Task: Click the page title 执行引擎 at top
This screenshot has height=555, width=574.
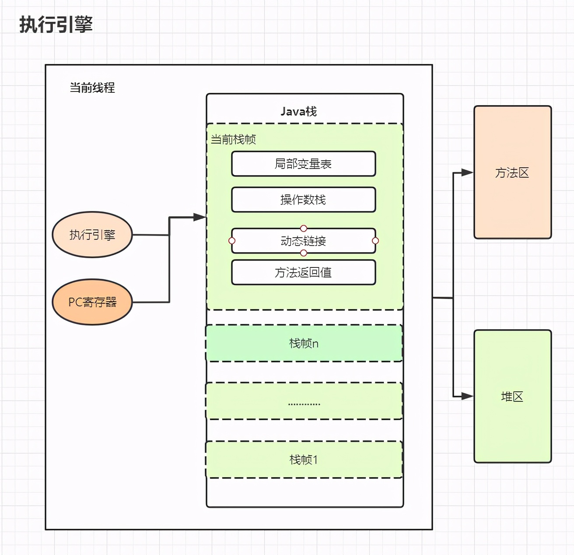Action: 56,24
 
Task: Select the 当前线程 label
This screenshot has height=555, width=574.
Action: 92,88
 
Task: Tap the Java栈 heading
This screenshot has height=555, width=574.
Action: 299,111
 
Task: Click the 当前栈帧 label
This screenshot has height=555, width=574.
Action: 233,140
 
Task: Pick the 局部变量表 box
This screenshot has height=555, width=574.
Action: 303,164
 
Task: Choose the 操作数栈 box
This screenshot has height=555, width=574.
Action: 303,200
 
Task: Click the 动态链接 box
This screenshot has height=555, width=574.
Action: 303,241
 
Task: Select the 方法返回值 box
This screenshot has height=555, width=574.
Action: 303,272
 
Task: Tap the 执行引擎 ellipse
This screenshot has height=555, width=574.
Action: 92,235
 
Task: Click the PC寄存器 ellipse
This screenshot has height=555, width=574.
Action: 92,302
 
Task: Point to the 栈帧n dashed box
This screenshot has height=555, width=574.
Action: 304,343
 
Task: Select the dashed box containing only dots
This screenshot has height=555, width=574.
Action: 304,401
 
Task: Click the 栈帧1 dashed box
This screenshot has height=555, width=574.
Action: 304,460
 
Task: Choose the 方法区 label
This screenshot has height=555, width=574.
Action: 512,173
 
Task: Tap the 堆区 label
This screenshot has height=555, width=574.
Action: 512,397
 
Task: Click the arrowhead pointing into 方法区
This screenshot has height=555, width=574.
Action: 467,172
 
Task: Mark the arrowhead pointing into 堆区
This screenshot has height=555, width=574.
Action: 467,396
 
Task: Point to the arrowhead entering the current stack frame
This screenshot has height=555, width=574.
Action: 199,217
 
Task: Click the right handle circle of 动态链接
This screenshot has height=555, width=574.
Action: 375,241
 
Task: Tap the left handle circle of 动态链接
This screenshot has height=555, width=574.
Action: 232,241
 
